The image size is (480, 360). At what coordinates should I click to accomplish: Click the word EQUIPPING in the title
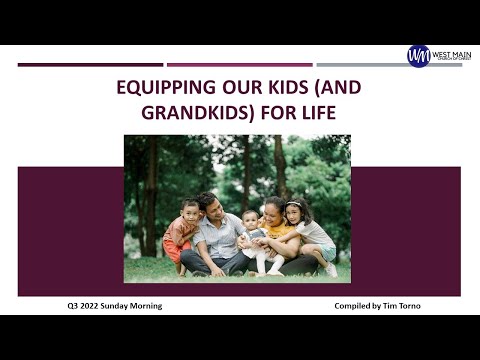tap(162, 87)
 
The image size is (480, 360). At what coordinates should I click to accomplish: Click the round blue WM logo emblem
tap(418, 56)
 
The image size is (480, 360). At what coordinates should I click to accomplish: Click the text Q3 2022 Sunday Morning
tap(107, 306)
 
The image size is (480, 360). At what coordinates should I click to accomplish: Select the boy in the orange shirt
tap(181, 230)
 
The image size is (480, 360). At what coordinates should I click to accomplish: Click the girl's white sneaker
tap(331, 270)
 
